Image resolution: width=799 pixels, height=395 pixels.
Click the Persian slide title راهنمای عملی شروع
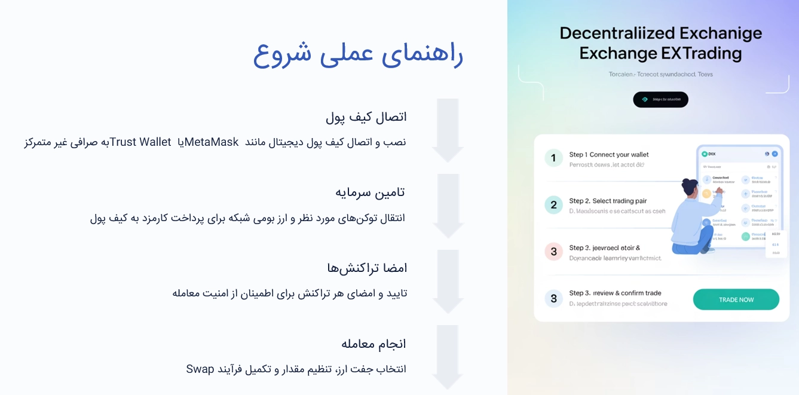click(x=358, y=53)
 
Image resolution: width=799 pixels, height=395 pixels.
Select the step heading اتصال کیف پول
click(x=366, y=117)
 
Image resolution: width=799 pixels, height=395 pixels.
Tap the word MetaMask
click(x=212, y=142)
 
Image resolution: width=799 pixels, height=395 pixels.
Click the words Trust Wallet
click(x=140, y=142)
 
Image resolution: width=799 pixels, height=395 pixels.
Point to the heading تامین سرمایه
click(x=370, y=192)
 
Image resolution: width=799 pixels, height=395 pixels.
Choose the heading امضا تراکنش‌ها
click(x=367, y=268)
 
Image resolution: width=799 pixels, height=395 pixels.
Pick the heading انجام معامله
click(x=374, y=344)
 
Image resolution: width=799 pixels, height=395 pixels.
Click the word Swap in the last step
click(x=200, y=369)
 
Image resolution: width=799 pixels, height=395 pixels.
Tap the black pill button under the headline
click(x=660, y=100)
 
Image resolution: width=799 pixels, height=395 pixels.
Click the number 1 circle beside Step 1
click(x=553, y=158)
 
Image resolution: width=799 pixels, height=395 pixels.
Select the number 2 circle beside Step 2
click(x=553, y=205)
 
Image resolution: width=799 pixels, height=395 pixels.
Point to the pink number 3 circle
click(x=553, y=252)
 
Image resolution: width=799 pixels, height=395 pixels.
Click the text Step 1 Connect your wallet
click(x=608, y=155)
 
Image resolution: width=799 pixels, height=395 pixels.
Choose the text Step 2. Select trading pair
click(x=608, y=201)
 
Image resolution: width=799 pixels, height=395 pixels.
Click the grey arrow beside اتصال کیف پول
click(x=448, y=130)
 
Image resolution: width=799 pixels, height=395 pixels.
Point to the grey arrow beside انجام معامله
click(x=448, y=357)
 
